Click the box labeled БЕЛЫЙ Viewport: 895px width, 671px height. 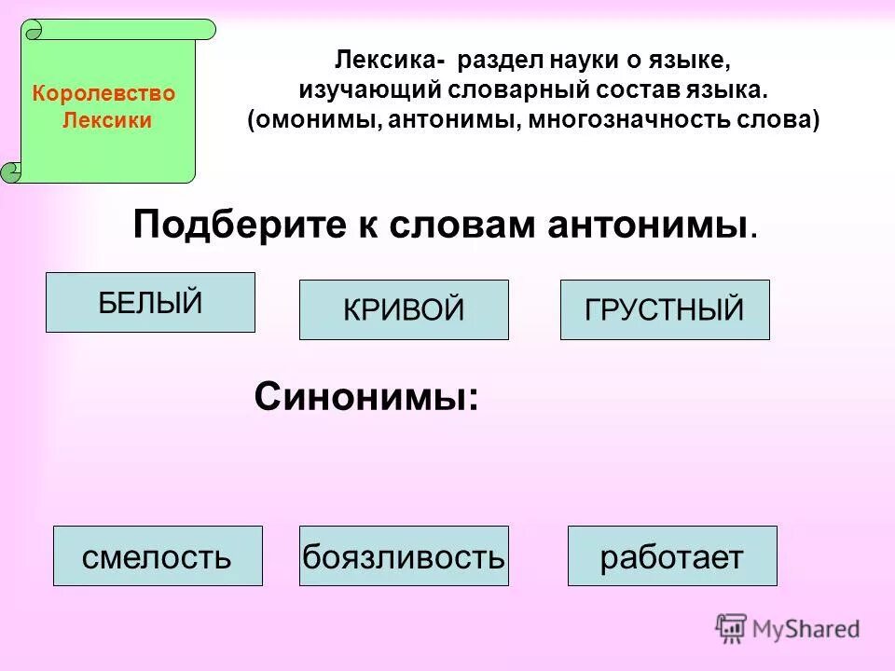point(150,302)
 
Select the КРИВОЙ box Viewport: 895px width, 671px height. point(404,309)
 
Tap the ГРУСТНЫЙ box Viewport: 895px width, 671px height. point(665,309)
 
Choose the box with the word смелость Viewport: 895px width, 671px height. point(157,556)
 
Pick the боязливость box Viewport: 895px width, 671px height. point(404,556)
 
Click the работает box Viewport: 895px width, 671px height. point(671,556)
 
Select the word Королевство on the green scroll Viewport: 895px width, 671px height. point(103,94)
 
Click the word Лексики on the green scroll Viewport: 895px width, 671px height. point(106,121)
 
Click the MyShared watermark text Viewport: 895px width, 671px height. point(806,629)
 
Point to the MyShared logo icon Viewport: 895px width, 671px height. point(731,628)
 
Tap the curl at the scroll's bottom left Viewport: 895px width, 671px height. point(12,170)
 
